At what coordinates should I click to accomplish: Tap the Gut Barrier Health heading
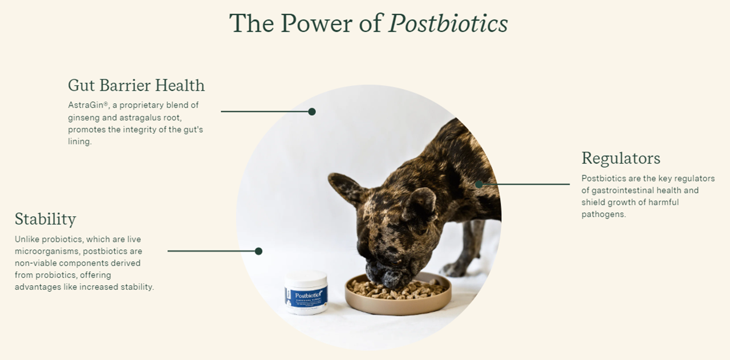[136, 86]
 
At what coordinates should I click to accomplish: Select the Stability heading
[45, 219]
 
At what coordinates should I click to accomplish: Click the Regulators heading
[620, 158]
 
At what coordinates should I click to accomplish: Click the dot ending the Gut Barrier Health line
[312, 112]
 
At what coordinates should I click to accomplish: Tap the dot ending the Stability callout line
[258, 251]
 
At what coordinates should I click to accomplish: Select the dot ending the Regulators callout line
[479, 184]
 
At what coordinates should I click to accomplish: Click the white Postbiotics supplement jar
[306, 292]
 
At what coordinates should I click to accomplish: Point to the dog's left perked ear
[346, 188]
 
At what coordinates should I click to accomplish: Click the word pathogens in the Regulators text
[603, 215]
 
